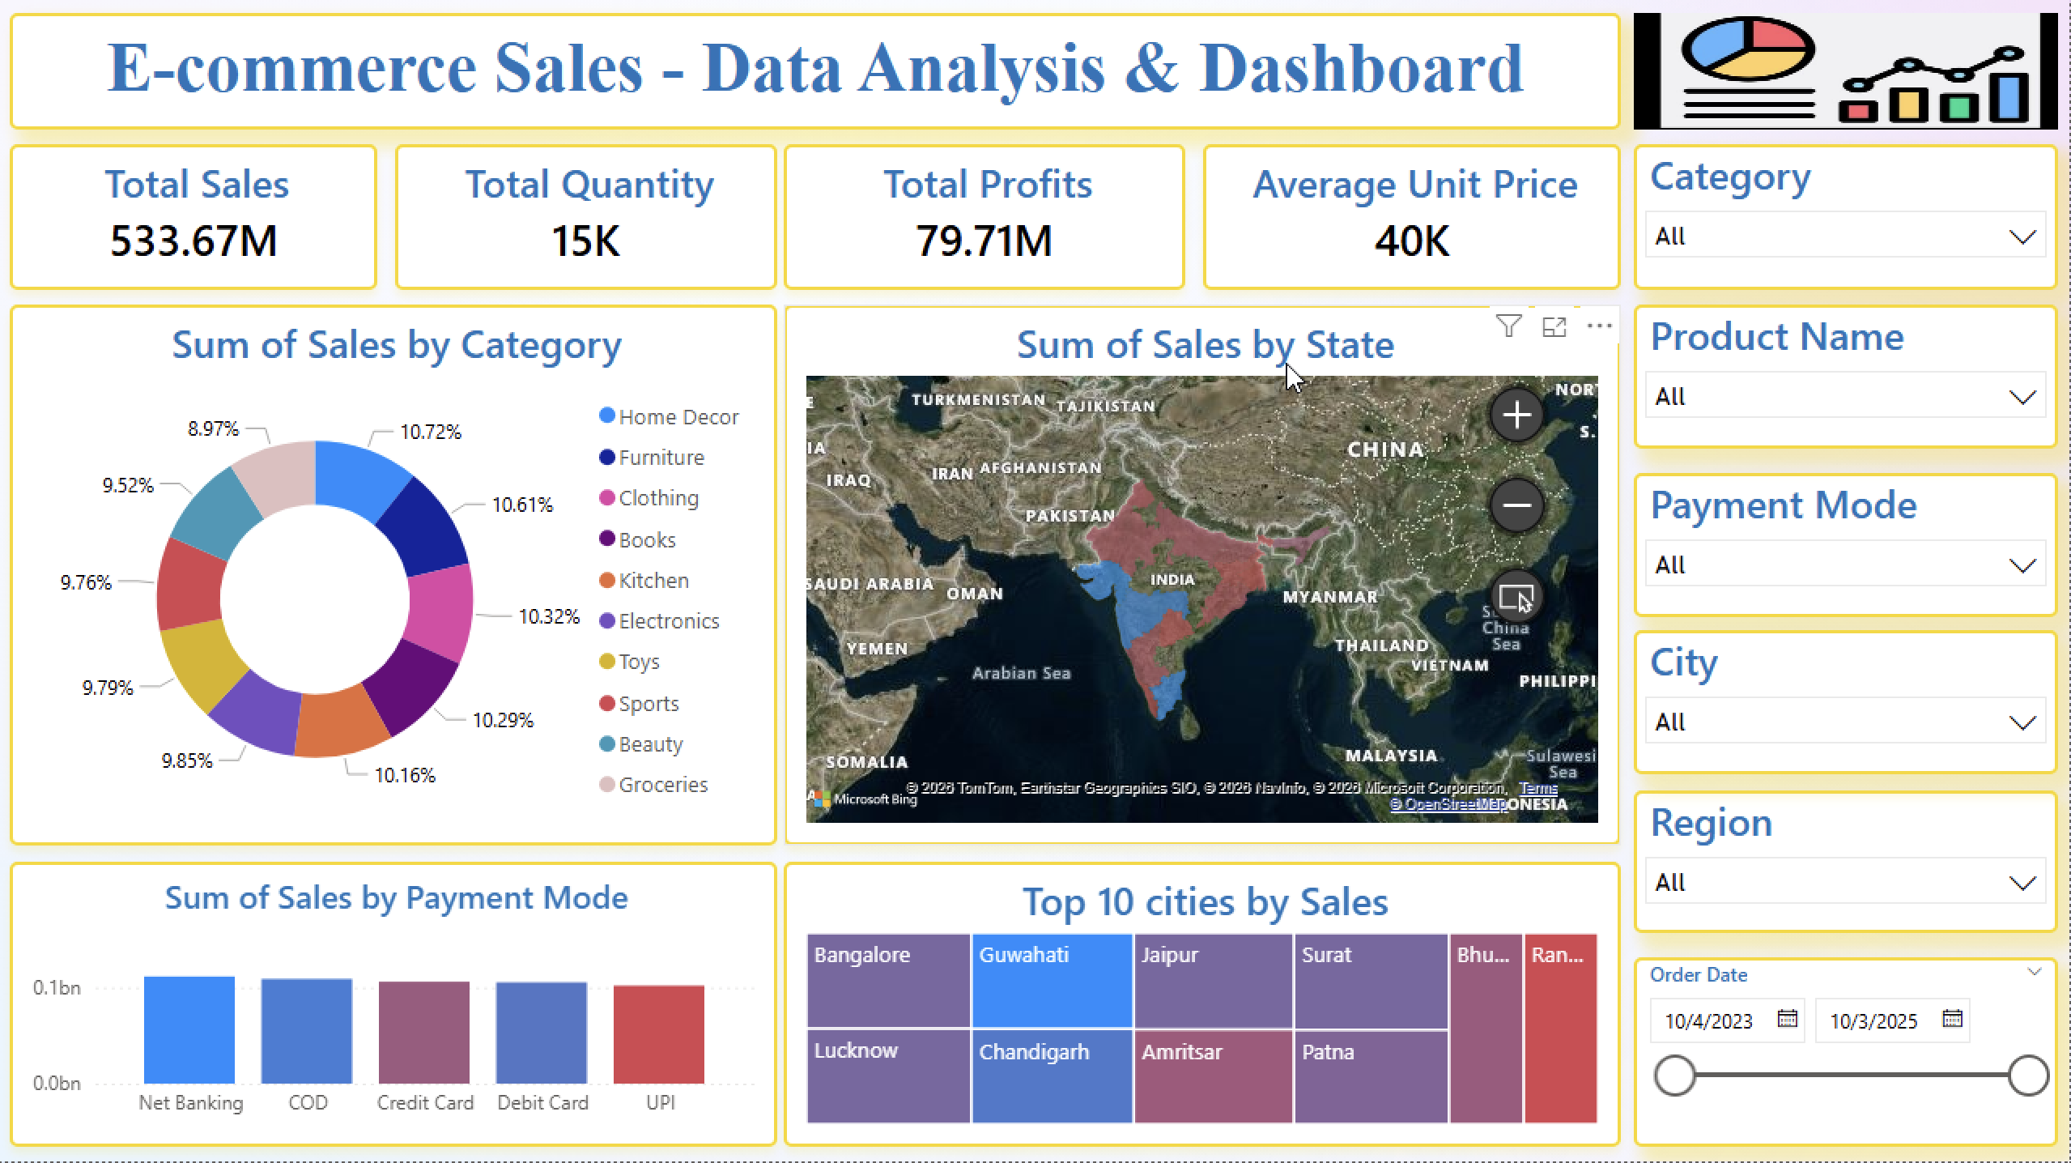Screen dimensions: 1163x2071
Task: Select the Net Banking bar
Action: click(x=189, y=1029)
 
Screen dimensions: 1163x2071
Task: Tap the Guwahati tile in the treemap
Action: click(x=1051, y=980)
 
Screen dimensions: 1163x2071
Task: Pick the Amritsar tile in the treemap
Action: click(x=1212, y=1076)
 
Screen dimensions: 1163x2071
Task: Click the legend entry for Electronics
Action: click(x=668, y=621)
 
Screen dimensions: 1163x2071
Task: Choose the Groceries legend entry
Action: click(x=662, y=785)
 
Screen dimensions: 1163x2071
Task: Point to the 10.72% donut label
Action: click(x=430, y=432)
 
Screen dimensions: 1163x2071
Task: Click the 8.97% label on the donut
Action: click(x=213, y=428)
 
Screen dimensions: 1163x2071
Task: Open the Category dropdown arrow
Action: click(x=2022, y=237)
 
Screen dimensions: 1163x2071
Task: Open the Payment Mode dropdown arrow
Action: click(x=2022, y=565)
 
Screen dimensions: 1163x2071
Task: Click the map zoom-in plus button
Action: click(x=1516, y=415)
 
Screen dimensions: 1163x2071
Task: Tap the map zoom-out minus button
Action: click(x=1516, y=506)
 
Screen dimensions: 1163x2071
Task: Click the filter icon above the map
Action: click(x=1508, y=326)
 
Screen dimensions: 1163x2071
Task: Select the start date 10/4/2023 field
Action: click(x=1708, y=1020)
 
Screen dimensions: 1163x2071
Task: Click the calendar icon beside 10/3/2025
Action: click(x=1952, y=1019)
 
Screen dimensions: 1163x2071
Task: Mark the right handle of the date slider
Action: click(x=2028, y=1076)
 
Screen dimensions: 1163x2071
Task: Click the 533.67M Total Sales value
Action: click(x=193, y=241)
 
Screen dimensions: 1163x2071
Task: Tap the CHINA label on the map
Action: click(x=1384, y=449)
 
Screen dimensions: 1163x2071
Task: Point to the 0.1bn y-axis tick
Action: click(x=57, y=987)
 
